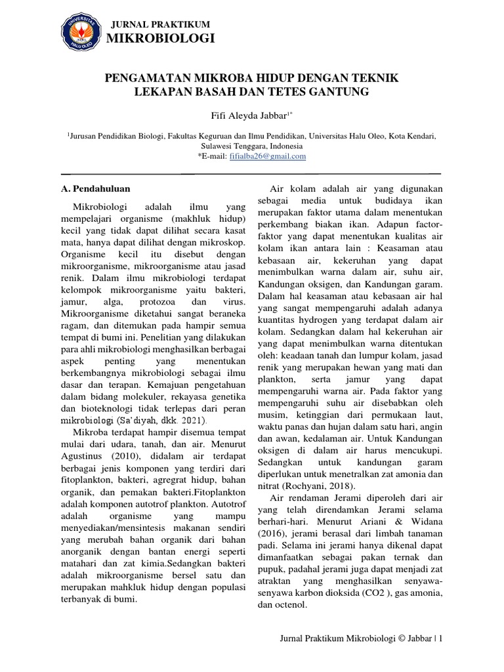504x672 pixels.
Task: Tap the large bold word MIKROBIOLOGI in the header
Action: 161,40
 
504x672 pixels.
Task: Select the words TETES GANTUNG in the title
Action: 322,93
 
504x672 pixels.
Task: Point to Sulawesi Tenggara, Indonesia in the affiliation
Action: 252,146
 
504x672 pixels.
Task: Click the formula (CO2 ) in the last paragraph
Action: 394,593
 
